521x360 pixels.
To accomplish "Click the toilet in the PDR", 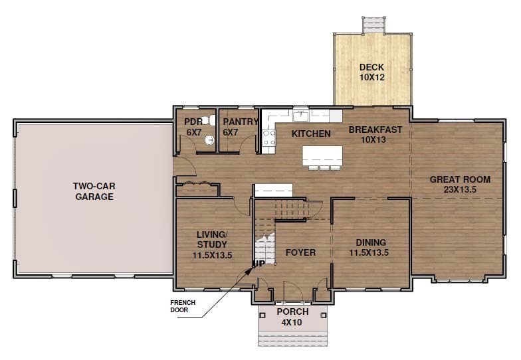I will click(207, 120).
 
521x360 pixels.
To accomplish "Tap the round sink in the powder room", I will click(209, 140).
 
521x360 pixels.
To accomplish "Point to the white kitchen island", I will click(322, 156).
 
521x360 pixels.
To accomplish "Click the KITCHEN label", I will click(311, 134).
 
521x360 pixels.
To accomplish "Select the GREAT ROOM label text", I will click(460, 179).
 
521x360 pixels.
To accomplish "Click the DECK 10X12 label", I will click(372, 72).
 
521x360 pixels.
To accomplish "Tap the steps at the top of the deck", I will click(373, 25).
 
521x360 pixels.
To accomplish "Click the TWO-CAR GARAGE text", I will click(93, 191).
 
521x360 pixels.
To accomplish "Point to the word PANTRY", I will click(241, 122).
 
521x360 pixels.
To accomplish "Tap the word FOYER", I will click(300, 252).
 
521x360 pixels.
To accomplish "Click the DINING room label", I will click(371, 242).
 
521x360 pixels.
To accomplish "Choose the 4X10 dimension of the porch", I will click(292, 322).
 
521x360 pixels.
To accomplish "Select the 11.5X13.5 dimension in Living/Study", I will click(212, 254).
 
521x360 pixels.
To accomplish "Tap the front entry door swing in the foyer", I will click(292, 292).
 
